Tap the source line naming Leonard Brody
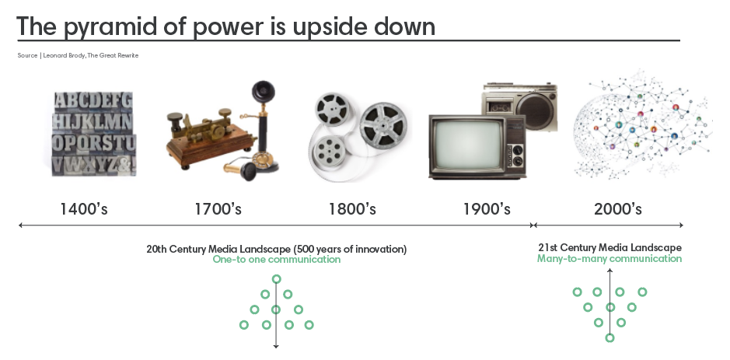pyautogui.click(x=78, y=55)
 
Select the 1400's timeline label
pyautogui.click(x=84, y=208)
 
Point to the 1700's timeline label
pyautogui.click(x=218, y=208)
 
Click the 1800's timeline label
pyautogui.click(x=352, y=208)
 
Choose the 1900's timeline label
pyautogui.click(x=487, y=208)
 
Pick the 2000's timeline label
pyautogui.click(x=618, y=208)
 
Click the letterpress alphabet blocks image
pyautogui.click(x=94, y=134)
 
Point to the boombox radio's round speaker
pyautogui.click(x=536, y=111)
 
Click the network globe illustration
pyautogui.click(x=642, y=125)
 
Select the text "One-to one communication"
pyautogui.click(x=277, y=260)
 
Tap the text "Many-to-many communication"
pyautogui.click(x=609, y=258)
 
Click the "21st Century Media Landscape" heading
pyautogui.click(x=609, y=247)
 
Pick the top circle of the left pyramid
pyautogui.click(x=277, y=279)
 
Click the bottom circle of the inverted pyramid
pyautogui.click(x=609, y=337)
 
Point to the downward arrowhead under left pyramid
pyautogui.click(x=276, y=345)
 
